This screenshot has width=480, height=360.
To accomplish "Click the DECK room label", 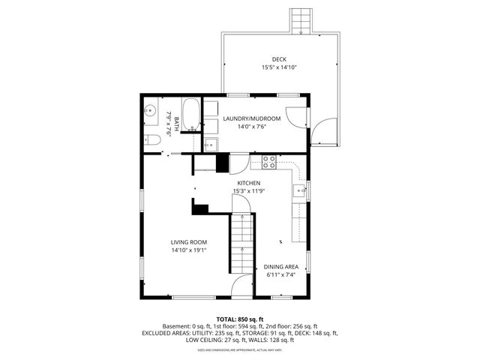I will (279, 59).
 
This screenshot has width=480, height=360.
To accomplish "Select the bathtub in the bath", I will (191, 115).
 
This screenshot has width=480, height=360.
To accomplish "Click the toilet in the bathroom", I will (151, 139).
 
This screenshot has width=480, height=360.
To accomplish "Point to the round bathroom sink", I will (151, 110).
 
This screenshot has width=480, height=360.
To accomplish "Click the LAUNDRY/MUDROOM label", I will (251, 118).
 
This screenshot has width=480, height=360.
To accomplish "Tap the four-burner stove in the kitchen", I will (269, 160).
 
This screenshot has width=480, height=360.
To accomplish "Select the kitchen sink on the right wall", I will (300, 191).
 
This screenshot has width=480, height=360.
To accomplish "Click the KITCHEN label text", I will (249, 183).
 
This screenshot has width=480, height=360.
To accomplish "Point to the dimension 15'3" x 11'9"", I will (249, 191).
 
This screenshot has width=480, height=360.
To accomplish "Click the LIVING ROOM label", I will (188, 241).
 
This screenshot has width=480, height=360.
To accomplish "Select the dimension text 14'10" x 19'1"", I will (188, 250).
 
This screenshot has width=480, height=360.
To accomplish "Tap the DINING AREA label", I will (281, 267).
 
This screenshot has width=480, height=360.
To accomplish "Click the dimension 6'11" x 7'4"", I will (281, 275).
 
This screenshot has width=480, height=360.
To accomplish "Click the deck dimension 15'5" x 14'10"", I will (279, 67).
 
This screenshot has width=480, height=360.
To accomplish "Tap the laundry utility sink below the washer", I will (211, 143).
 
